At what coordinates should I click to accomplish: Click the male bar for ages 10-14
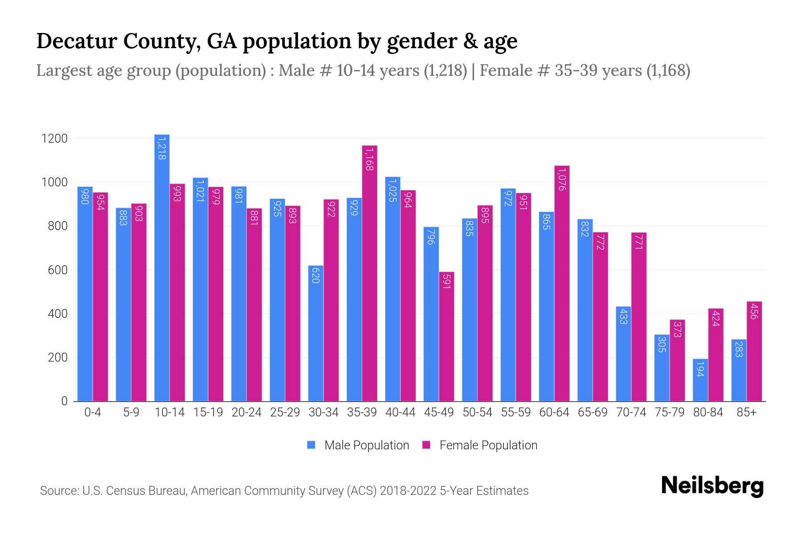[x=162, y=267]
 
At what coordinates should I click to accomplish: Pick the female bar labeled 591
[x=446, y=337]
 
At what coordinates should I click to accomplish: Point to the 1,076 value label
[x=562, y=179]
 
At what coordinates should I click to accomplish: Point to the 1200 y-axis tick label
[x=54, y=139]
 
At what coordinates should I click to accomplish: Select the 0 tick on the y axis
[x=64, y=401]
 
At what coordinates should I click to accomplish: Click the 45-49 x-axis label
[x=439, y=412]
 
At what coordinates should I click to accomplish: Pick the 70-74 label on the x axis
[x=631, y=412]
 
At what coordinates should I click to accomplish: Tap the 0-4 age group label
[x=93, y=412]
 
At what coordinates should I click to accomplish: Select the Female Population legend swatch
[x=426, y=445]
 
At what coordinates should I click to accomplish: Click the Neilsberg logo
[x=712, y=486]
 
